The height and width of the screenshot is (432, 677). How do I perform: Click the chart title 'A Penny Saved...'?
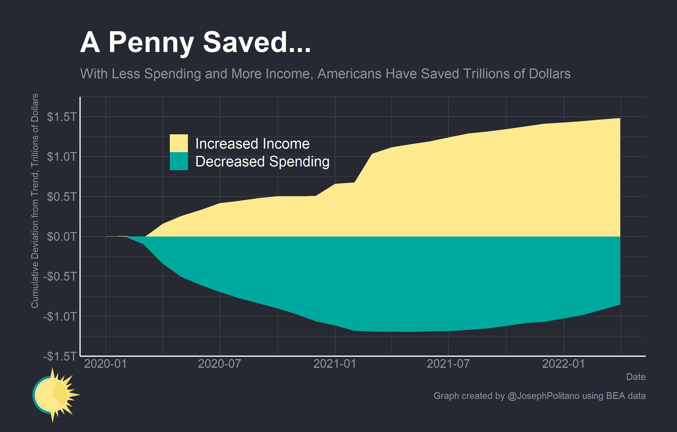click(x=195, y=43)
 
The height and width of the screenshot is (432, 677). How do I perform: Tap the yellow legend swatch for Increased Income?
click(x=179, y=143)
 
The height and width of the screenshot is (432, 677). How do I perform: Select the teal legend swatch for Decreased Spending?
click(x=179, y=161)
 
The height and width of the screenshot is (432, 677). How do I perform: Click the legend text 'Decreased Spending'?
click(x=262, y=162)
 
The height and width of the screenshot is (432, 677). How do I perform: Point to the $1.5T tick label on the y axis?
click(x=61, y=117)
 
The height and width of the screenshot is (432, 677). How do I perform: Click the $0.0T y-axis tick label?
click(x=61, y=237)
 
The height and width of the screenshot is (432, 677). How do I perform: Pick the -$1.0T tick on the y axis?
click(x=60, y=316)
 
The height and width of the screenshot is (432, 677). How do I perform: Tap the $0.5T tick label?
click(x=61, y=197)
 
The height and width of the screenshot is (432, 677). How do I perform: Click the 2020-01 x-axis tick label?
click(x=105, y=364)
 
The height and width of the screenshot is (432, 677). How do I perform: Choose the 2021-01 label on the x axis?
click(x=335, y=364)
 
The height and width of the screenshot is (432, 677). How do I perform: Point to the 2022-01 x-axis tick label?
click(x=563, y=364)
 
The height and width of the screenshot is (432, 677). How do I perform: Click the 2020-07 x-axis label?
click(x=219, y=364)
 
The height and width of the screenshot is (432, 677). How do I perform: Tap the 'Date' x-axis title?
click(x=636, y=377)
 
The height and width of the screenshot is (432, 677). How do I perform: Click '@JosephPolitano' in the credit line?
click(x=543, y=396)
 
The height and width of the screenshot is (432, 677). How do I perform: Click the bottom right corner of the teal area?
click(x=620, y=304)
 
